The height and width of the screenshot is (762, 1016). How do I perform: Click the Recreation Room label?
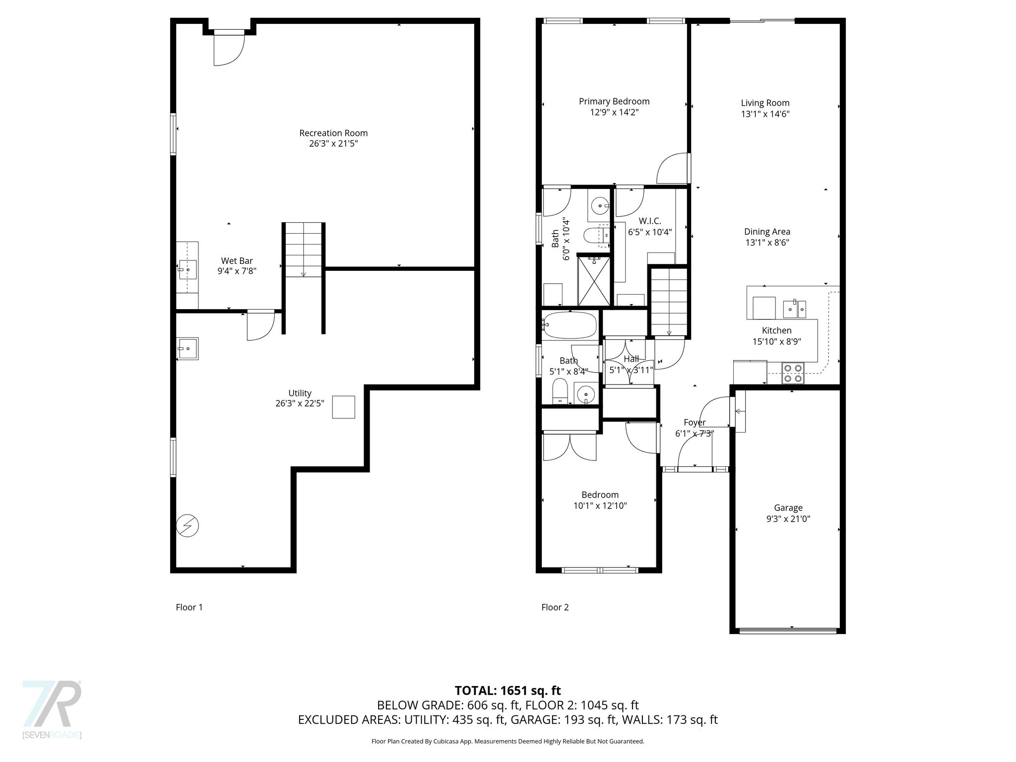point(333,133)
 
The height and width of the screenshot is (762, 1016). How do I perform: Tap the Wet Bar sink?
point(188,270)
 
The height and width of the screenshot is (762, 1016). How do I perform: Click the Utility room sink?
point(188,348)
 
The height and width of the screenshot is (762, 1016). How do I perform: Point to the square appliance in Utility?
point(343,407)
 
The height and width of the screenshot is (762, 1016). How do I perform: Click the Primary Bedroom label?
point(614,101)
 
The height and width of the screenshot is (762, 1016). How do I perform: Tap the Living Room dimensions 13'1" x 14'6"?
point(765,114)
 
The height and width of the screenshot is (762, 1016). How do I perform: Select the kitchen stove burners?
point(793,373)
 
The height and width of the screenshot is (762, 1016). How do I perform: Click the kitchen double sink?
point(795,309)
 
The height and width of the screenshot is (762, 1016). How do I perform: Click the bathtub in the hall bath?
point(570,325)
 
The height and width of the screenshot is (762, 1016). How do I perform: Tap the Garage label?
point(788,508)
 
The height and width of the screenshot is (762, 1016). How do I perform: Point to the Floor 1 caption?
point(189,607)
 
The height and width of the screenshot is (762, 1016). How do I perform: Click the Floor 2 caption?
point(555,607)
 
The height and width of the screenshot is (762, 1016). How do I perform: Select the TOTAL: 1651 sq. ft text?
point(508,690)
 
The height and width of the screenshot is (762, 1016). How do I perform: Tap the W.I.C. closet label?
point(650,221)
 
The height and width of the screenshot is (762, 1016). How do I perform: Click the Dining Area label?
point(767,232)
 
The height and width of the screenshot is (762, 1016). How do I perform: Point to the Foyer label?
point(695,422)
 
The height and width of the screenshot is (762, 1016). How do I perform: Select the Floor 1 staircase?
point(304,250)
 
